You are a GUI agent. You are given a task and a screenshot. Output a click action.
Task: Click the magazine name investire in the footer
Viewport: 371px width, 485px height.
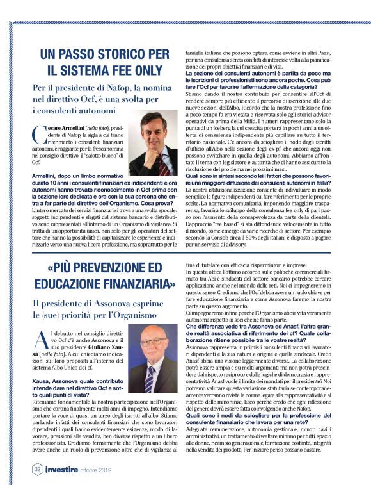[56, 470]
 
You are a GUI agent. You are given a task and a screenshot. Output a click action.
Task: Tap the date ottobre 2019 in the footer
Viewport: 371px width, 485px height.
[95, 471]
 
